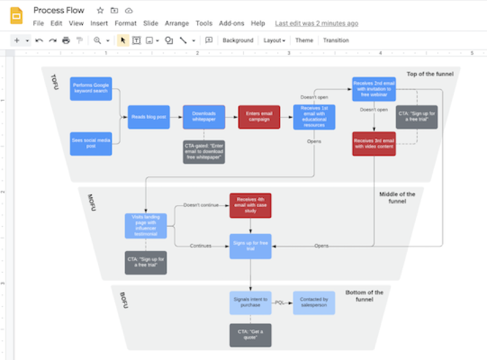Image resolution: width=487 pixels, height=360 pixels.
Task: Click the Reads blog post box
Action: pos(148,117)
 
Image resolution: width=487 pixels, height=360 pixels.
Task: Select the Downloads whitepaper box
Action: pos(204,117)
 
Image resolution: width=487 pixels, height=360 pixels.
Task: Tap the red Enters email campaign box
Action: pos(259,117)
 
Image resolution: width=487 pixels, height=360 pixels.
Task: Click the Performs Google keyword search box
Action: pos(91,89)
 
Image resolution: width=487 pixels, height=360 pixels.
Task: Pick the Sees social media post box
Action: pos(91,143)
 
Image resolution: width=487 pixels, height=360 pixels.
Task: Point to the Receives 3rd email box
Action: pos(374,144)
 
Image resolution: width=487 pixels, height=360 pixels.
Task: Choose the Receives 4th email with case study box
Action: pos(250,205)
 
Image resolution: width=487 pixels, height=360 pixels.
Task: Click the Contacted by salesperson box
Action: pos(314,303)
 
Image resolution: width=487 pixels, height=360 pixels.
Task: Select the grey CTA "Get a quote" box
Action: pos(250,335)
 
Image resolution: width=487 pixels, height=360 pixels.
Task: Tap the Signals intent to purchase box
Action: pos(250,303)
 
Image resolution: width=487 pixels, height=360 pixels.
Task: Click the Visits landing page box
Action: pos(146,226)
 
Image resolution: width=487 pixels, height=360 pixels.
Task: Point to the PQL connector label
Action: pos(280,303)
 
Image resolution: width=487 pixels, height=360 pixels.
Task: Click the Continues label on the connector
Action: pos(201,246)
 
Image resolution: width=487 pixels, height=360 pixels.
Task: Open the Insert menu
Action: pos(99,24)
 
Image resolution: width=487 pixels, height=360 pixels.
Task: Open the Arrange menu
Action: pos(176,24)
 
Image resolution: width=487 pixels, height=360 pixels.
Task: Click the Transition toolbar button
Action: pos(336,40)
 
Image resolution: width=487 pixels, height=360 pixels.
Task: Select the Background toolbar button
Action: pos(238,40)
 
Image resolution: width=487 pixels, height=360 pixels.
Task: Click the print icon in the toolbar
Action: pos(66,40)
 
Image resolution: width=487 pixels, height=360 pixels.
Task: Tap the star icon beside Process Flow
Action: pos(100,10)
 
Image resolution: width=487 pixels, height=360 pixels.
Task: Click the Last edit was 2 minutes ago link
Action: pos(316,24)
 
